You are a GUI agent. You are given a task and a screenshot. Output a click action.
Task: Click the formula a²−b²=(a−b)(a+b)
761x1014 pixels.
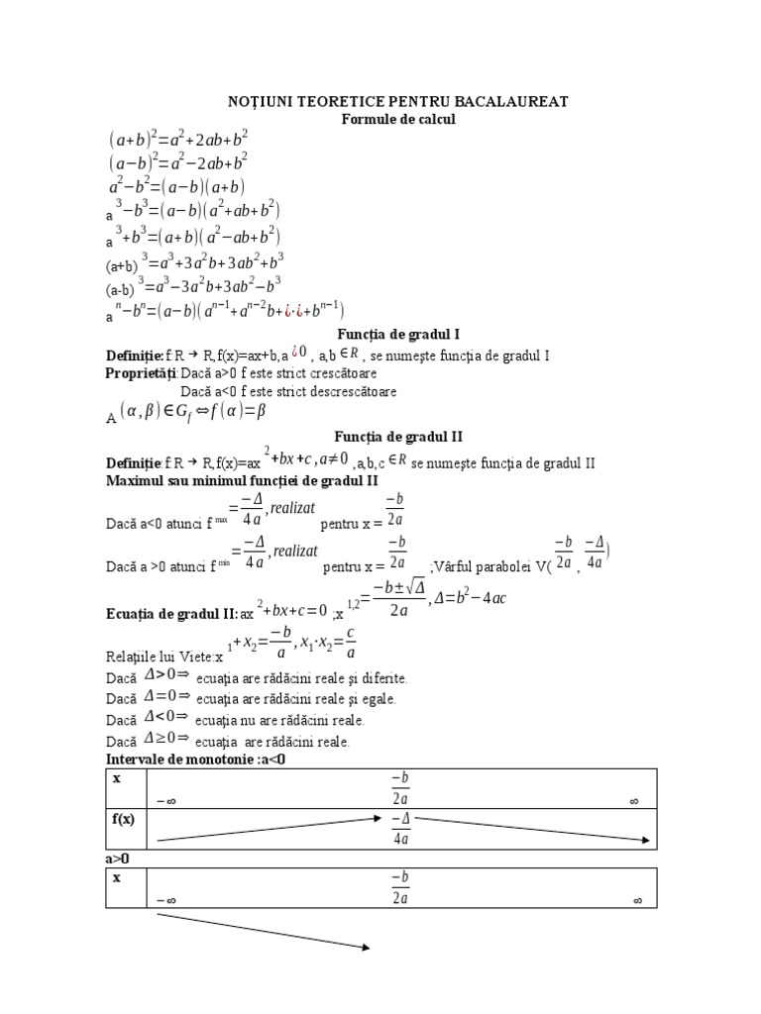177,186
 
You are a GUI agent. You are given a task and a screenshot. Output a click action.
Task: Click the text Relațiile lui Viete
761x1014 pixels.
160,656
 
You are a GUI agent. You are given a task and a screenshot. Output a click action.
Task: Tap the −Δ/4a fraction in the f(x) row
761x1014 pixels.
400,829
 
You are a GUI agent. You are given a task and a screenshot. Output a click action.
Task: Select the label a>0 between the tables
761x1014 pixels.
119,858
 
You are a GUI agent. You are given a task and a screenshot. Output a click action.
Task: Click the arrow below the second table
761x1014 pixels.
263,931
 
